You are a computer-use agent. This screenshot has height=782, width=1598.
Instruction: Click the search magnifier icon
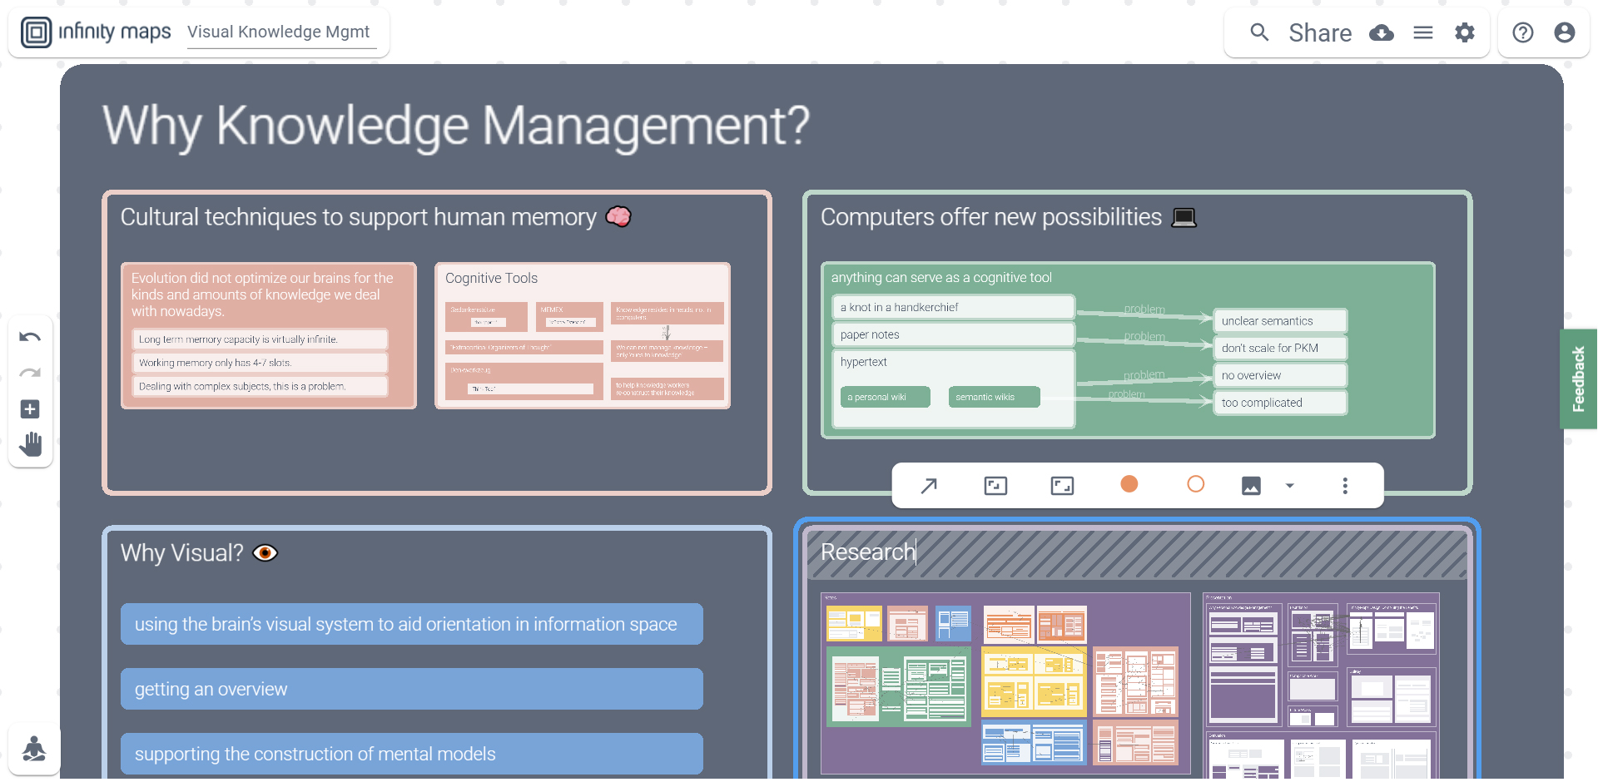[x=1259, y=32]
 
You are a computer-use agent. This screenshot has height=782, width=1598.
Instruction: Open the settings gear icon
[x=1464, y=32]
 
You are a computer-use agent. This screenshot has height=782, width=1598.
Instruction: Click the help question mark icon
[x=1522, y=32]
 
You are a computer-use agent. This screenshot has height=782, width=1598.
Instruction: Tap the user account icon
[x=1564, y=32]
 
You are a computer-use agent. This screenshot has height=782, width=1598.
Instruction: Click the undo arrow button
[x=30, y=337]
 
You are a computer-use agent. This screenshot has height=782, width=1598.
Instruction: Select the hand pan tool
[x=31, y=444]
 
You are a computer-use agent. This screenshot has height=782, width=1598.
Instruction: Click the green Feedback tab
[x=1578, y=379]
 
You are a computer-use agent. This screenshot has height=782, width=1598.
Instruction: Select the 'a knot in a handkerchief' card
[x=952, y=307]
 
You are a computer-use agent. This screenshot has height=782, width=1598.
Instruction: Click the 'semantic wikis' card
[x=994, y=397]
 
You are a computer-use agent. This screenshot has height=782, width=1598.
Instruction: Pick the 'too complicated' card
[x=1280, y=403]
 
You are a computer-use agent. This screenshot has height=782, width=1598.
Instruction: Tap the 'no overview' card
[x=1280, y=375]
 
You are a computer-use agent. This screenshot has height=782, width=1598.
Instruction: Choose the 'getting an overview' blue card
[x=411, y=689]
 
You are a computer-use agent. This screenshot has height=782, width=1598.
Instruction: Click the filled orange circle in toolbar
[x=1129, y=484]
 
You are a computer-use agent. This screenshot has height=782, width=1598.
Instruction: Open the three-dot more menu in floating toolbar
[x=1344, y=486]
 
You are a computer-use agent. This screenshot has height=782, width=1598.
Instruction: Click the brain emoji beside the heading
[x=618, y=216]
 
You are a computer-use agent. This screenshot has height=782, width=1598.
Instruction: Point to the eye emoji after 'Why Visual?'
[x=265, y=553]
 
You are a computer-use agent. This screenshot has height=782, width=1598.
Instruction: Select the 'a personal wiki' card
[x=885, y=397]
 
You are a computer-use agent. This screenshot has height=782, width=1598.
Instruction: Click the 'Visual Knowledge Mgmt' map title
[x=278, y=32]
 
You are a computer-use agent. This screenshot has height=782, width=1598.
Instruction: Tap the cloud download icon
[x=1382, y=33]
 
